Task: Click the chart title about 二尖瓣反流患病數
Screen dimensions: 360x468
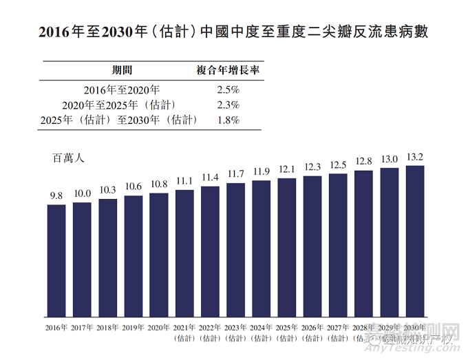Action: pyautogui.click(x=233, y=32)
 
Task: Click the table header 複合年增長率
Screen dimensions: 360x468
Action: pyautogui.click(x=227, y=70)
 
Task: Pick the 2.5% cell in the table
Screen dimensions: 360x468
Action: pyautogui.click(x=227, y=89)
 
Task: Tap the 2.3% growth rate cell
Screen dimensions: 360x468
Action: pyautogui.click(x=227, y=105)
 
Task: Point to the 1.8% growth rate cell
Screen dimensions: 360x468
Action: pyautogui.click(x=227, y=120)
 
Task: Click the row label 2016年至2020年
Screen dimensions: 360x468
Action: pyautogui.click(x=122, y=89)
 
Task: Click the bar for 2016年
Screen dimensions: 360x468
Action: pyautogui.click(x=56, y=262)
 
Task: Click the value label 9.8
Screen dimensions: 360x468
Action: pyautogui.click(x=56, y=196)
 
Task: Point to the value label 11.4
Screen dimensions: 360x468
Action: pyautogui.click(x=210, y=178)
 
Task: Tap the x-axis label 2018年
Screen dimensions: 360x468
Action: pyautogui.click(x=107, y=328)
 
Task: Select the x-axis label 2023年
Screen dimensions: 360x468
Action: pyautogui.click(x=235, y=328)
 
